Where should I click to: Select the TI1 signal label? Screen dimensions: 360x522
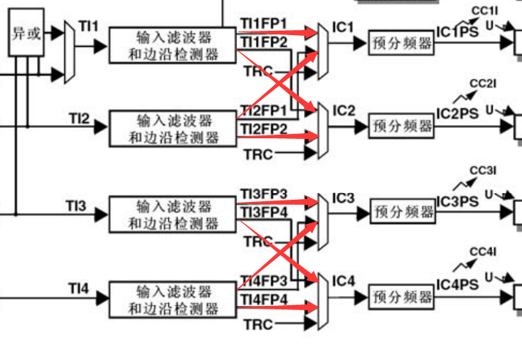click(x=88, y=27)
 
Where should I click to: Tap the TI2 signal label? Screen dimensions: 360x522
click(x=80, y=117)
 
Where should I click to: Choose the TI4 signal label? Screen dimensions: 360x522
click(x=79, y=291)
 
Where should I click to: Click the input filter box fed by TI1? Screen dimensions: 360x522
click(x=173, y=44)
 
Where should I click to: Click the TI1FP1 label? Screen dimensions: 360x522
click(x=264, y=24)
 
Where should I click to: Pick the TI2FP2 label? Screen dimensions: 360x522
click(x=264, y=129)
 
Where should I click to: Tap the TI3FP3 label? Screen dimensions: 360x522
click(x=264, y=195)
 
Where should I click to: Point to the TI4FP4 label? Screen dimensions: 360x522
click(x=264, y=299)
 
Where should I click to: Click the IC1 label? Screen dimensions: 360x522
click(x=344, y=28)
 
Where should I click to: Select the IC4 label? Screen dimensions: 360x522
click(x=344, y=281)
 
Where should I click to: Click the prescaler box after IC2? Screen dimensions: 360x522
click(x=400, y=126)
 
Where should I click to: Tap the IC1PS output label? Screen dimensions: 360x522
click(x=457, y=33)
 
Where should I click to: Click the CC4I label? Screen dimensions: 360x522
click(x=483, y=252)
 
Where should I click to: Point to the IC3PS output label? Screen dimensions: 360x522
click(x=457, y=201)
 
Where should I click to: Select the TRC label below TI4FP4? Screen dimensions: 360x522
click(x=258, y=324)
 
